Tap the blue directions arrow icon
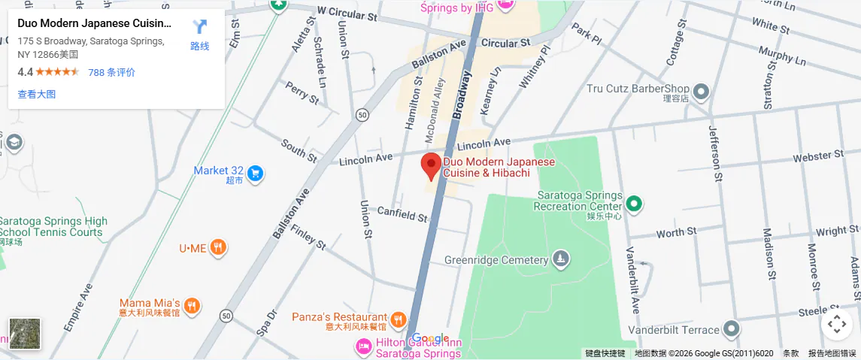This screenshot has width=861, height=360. tap(199, 27)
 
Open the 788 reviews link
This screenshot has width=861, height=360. tap(111, 72)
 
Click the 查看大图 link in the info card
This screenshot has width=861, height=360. tap(37, 94)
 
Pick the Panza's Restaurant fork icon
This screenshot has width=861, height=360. tap(399, 319)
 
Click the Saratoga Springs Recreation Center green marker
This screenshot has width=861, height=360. tap(633, 203)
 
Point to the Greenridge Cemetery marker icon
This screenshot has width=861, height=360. tap(560, 260)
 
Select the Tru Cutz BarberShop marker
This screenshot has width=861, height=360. tap(701, 92)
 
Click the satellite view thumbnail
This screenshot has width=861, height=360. tap(25, 334)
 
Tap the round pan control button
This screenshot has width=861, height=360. tap(836, 325)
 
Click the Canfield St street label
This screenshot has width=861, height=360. tap(402, 215)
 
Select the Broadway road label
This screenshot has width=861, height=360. tap(462, 95)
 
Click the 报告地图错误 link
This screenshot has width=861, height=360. tap(832, 353)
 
